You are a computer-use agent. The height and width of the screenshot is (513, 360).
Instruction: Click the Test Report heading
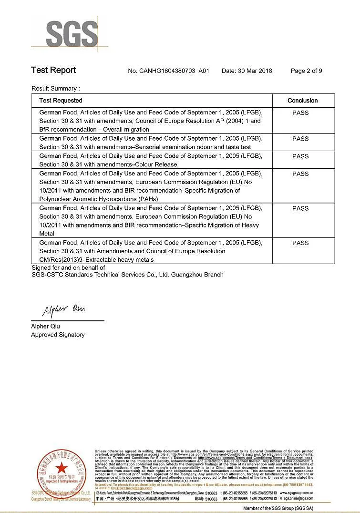[53, 70]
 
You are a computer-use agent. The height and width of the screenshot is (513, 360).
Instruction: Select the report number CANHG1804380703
[168, 71]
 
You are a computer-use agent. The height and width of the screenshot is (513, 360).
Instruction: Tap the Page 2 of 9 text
[306, 71]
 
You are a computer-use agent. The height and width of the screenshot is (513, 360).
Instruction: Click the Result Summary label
[55, 88]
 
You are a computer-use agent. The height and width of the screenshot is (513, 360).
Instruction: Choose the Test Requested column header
[61, 101]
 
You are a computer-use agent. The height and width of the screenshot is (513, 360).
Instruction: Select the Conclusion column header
[302, 101]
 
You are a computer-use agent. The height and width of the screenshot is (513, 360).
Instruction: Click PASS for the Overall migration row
[300, 113]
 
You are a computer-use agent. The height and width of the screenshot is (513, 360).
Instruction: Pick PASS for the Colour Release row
[300, 156]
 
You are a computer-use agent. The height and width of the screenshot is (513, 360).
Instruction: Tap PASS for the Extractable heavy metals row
[300, 243]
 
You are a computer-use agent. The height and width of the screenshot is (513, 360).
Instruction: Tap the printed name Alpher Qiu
[46, 327]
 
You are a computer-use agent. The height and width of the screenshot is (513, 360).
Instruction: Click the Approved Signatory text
[58, 335]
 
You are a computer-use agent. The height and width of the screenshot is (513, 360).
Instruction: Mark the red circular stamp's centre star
[62, 468]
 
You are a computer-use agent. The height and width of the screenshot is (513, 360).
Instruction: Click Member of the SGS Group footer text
[278, 508]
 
